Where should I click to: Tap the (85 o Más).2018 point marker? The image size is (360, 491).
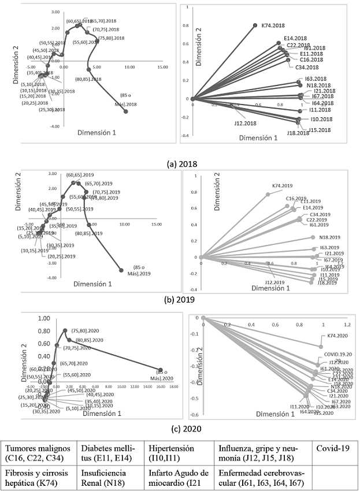pos(125,111)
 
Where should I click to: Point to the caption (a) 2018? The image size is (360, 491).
pos(180,164)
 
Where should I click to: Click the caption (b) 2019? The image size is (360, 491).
pos(180,299)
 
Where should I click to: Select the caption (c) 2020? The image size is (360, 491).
pos(180,428)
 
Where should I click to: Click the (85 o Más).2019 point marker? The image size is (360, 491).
pos(121,270)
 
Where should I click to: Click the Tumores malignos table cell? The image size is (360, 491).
pos(39,453)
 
